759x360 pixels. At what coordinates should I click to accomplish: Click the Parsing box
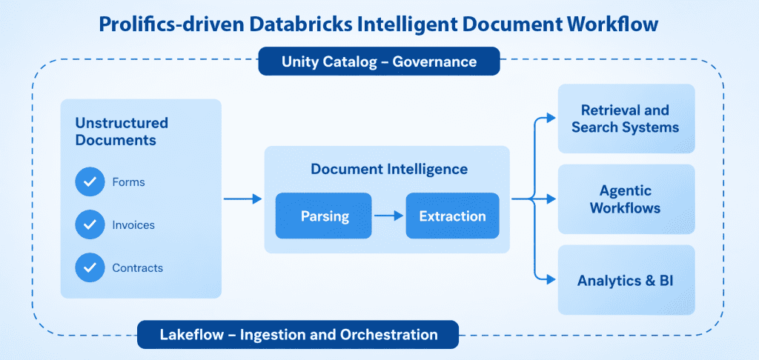[x=324, y=216]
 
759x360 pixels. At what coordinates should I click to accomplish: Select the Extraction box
[x=452, y=216]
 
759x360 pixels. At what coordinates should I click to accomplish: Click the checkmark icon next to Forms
[x=90, y=181]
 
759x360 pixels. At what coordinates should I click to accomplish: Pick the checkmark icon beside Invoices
[x=90, y=224]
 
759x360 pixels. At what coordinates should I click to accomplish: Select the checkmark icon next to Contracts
[x=90, y=267]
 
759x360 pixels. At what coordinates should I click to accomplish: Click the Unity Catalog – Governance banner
[x=379, y=61]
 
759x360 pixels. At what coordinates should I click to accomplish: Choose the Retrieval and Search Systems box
[x=626, y=119]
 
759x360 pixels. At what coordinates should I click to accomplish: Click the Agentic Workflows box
[x=626, y=199]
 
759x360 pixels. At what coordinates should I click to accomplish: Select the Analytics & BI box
[x=626, y=280]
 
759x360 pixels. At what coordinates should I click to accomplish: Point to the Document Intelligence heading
[x=389, y=170]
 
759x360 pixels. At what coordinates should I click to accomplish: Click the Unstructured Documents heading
[x=122, y=131]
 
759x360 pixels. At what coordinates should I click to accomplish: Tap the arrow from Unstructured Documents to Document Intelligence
[x=242, y=199]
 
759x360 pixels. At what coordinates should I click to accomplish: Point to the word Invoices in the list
[x=133, y=224]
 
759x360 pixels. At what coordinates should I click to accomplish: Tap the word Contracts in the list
[x=137, y=267]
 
